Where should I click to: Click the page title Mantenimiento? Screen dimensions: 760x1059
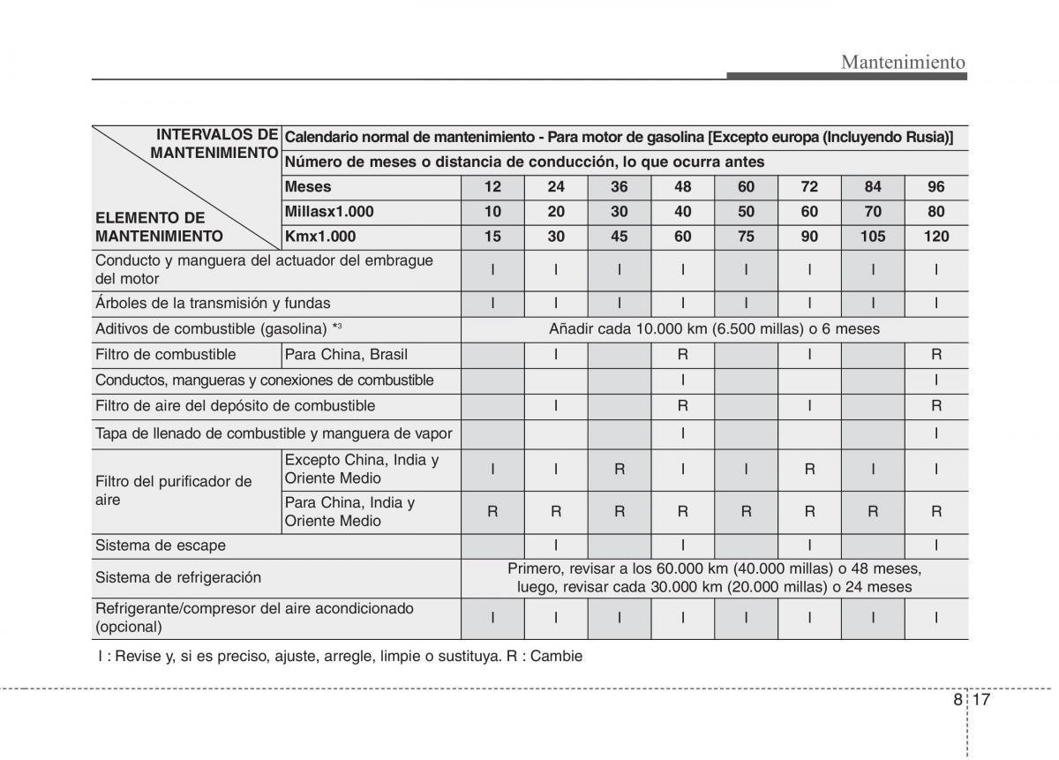[x=903, y=62]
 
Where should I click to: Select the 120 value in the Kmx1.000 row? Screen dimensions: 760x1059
[x=936, y=237]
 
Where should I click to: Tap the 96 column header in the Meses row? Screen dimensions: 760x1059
[x=936, y=187]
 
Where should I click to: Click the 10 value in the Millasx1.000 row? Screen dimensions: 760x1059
[x=492, y=212]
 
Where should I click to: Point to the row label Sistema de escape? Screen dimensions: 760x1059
[x=161, y=546]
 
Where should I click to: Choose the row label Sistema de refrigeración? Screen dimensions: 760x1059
[x=178, y=577]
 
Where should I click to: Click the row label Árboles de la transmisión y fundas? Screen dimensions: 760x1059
[x=213, y=303]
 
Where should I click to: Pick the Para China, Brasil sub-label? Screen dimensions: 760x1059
[x=346, y=355]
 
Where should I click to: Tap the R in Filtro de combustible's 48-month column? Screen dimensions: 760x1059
[x=683, y=355]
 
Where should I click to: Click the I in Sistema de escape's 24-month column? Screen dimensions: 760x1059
[x=556, y=546]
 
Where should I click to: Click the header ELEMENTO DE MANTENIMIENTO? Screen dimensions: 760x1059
[x=159, y=227]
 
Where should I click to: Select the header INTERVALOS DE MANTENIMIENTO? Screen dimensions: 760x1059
[x=215, y=144]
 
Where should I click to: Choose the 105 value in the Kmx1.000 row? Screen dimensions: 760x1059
[x=873, y=237]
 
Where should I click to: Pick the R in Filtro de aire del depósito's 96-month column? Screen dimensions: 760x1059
[x=936, y=406]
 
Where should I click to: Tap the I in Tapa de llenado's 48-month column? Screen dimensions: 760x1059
[x=683, y=433]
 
